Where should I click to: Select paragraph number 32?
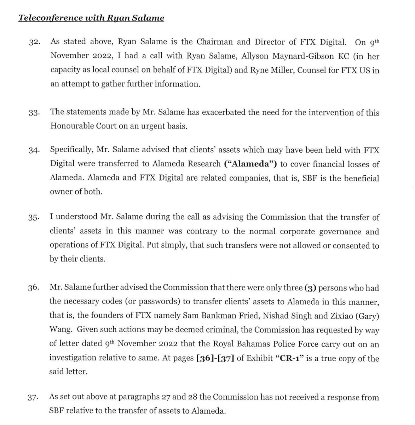(34, 42)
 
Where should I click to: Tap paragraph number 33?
(34, 113)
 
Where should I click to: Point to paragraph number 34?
(34, 151)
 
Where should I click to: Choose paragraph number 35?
(34, 218)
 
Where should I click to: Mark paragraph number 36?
(34, 289)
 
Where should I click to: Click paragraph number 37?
(34, 398)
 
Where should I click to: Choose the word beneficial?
(357, 178)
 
